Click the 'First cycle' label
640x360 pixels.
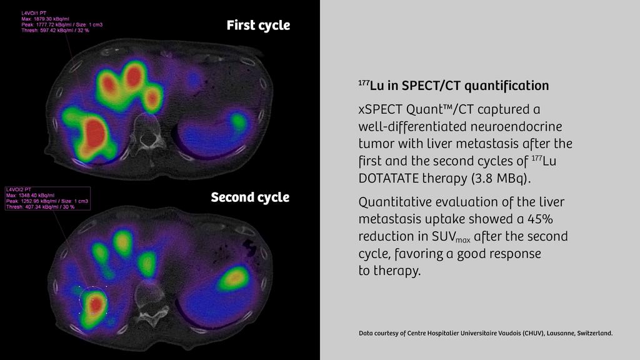[x=258, y=26]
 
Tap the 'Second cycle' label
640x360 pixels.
[x=250, y=197]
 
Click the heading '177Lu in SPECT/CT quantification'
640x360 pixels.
[x=454, y=85]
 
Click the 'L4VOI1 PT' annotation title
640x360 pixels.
[x=36, y=13]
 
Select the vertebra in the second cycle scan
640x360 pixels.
[x=148, y=301]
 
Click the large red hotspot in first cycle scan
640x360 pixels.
[x=95, y=132]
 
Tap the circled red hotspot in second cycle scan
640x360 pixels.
[x=94, y=303]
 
